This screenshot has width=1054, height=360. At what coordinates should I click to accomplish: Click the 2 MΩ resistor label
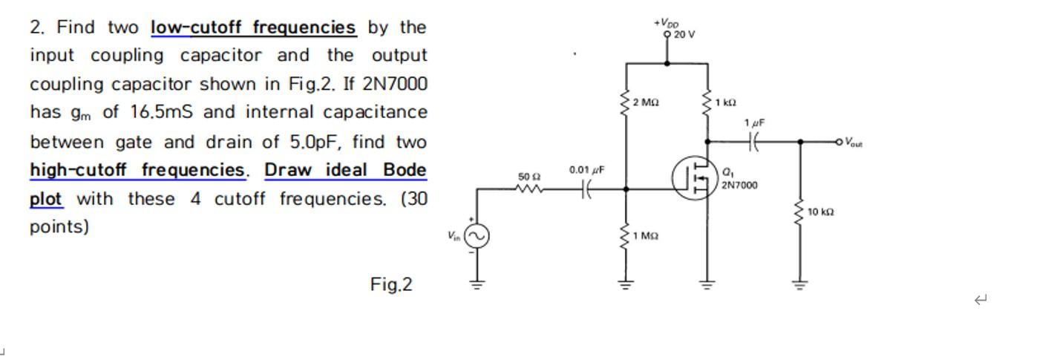coord(646,102)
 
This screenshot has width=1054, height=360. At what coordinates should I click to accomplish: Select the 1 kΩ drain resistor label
coord(725,102)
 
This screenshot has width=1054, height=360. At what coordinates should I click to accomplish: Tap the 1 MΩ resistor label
coord(646,236)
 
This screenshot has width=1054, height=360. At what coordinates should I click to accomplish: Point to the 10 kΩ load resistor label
coord(820,212)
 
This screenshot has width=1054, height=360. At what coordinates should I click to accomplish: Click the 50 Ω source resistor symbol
coord(529,189)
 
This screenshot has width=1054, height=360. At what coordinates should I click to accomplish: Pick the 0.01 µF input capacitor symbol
coord(586,190)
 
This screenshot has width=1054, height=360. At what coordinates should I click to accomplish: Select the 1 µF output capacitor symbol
coord(754,141)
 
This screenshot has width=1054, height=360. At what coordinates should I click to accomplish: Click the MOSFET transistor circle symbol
coord(694,178)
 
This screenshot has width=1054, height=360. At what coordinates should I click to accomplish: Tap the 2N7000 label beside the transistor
coord(739,185)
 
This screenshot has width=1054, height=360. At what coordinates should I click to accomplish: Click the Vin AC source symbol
coord(477,236)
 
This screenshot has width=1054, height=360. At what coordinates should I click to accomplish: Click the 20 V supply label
coord(684,35)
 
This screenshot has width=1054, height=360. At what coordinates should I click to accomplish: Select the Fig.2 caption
coord(391,284)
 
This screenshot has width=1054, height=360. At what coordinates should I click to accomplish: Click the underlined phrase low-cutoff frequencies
coord(253,27)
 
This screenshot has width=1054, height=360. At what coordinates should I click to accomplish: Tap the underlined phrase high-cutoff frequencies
coord(137,170)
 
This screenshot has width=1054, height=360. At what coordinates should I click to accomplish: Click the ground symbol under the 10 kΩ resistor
coord(799,284)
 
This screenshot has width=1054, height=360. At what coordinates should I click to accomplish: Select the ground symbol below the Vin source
coord(477,284)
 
